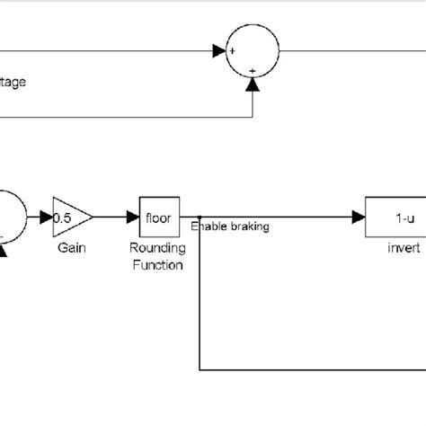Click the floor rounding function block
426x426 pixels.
[x=159, y=217]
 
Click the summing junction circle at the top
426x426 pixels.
[x=253, y=52]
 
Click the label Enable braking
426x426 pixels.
[x=229, y=227]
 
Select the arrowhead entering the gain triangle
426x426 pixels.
[x=46, y=217]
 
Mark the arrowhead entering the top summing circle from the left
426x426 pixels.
[x=218, y=52]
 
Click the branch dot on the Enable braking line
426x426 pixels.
[x=198, y=217]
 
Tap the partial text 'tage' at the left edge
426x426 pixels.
[x=13, y=82]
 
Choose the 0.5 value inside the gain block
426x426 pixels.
[x=63, y=217]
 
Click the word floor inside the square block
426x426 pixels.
[x=159, y=217]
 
